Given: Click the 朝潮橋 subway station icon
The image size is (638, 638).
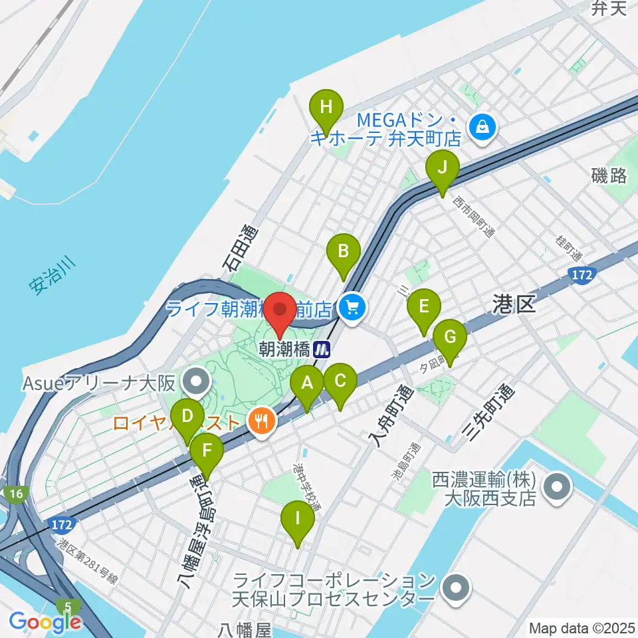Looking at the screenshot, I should pyautogui.click(x=324, y=348).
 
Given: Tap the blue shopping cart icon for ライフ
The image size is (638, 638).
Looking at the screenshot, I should pyautogui.click(x=352, y=308).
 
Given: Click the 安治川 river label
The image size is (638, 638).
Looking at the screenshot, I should pyautogui.click(x=53, y=276).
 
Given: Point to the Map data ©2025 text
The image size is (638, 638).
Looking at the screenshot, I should pyautogui.click(x=581, y=627).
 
